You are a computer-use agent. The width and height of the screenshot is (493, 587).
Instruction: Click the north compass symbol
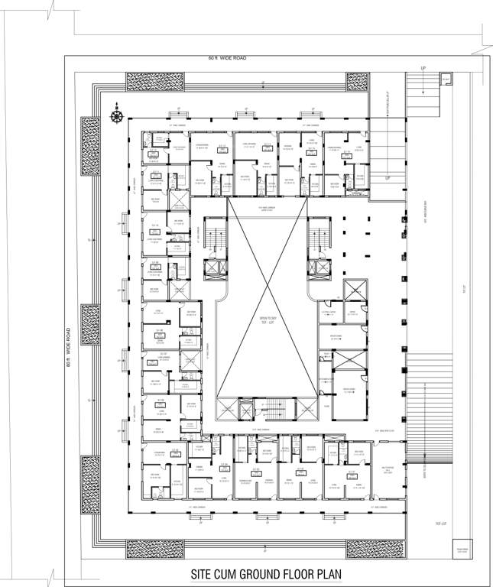pos(116,115)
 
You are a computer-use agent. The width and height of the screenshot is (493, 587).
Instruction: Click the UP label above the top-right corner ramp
pos(423,68)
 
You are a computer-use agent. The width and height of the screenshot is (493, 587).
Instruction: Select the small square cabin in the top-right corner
pos(446,80)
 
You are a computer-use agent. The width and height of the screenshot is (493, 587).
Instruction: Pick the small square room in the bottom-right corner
pos(462,552)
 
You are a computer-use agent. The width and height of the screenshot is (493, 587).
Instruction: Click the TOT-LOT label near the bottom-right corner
pos(439,524)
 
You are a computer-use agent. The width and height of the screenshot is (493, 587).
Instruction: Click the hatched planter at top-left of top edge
pos(154,82)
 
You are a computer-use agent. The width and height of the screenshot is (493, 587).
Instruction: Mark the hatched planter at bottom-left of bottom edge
pos(154,548)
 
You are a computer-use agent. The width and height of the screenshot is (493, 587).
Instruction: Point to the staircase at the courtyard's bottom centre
pos(267,410)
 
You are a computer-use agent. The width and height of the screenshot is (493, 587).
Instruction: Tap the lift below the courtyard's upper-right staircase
pos(319,269)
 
